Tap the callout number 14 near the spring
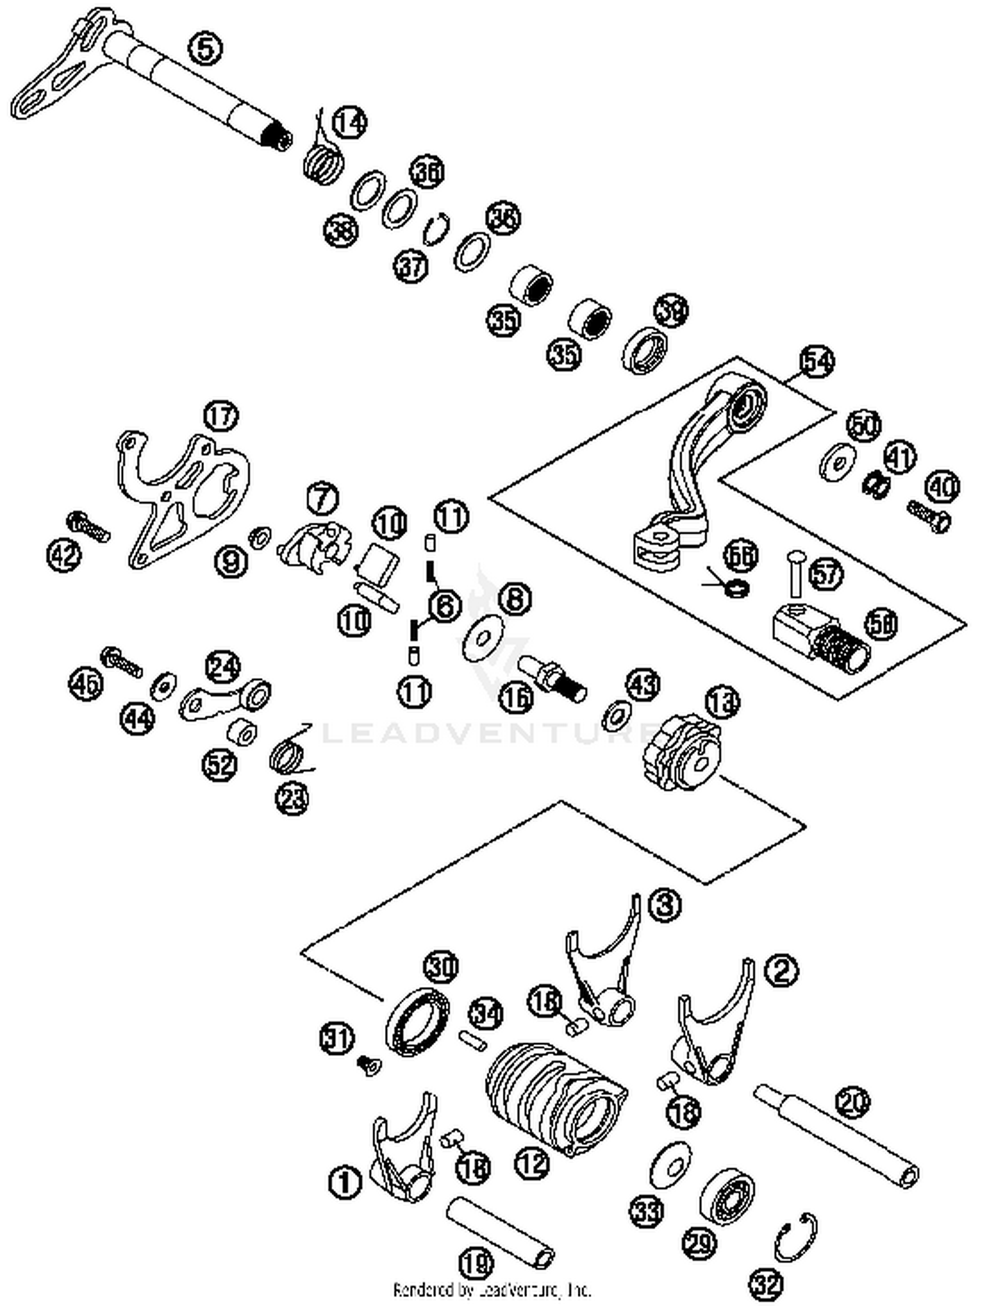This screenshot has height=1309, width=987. point(349,122)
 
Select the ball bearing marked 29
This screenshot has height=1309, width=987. point(726,1196)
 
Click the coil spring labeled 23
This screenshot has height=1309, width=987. point(290,754)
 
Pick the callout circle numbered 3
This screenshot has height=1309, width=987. point(665,904)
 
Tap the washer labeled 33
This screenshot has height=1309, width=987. point(670,1165)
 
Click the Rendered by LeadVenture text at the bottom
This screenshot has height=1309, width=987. point(492,1289)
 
